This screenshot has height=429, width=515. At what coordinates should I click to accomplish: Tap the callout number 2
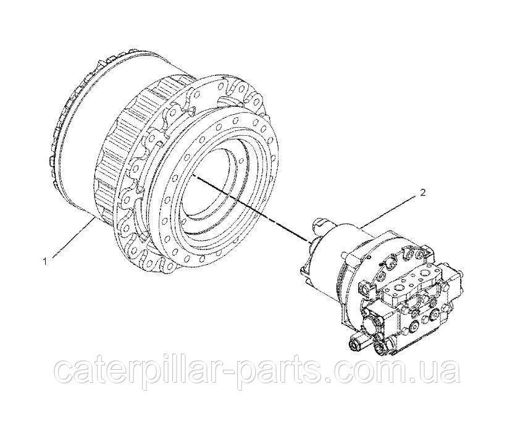click(423, 193)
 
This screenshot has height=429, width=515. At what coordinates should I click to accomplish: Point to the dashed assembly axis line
click(252, 209)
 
